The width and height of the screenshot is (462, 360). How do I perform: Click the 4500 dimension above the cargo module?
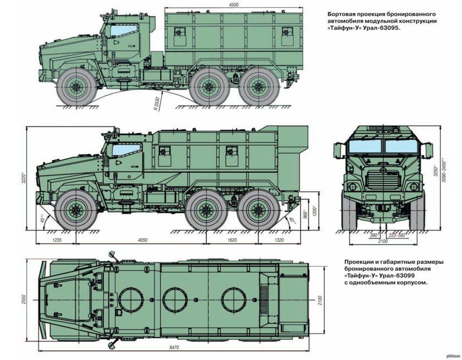(x=234, y=4)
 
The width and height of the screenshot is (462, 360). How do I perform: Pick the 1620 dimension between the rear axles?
(x=232, y=241)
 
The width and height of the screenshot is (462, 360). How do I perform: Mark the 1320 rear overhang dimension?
(x=279, y=241)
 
